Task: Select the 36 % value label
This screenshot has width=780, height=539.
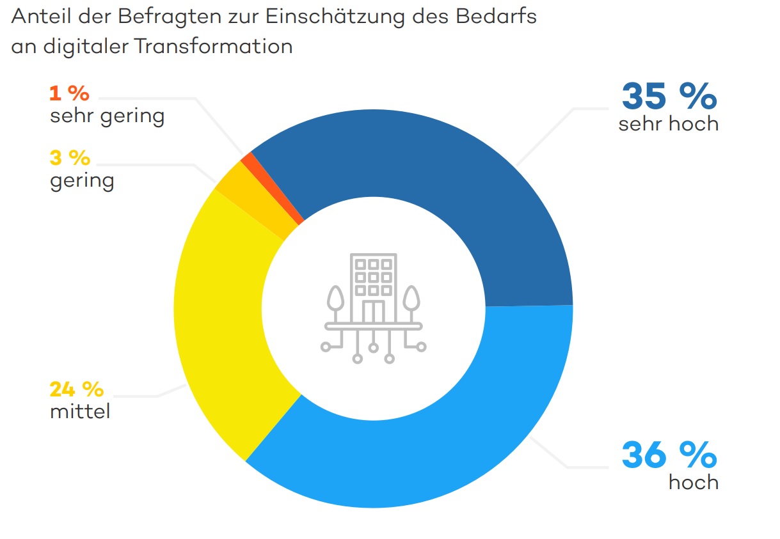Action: [669, 455]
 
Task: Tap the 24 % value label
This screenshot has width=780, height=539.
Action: [76, 389]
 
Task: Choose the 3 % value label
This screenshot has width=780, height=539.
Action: [70, 157]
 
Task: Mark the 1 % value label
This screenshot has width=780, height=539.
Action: [68, 94]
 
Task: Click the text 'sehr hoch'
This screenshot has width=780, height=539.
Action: [669, 123]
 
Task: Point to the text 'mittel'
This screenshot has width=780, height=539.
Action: [80, 411]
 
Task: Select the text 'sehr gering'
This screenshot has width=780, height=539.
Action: [107, 116]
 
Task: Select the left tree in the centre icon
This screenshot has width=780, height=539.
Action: [335, 301]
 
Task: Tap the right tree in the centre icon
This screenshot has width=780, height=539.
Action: [412, 301]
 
